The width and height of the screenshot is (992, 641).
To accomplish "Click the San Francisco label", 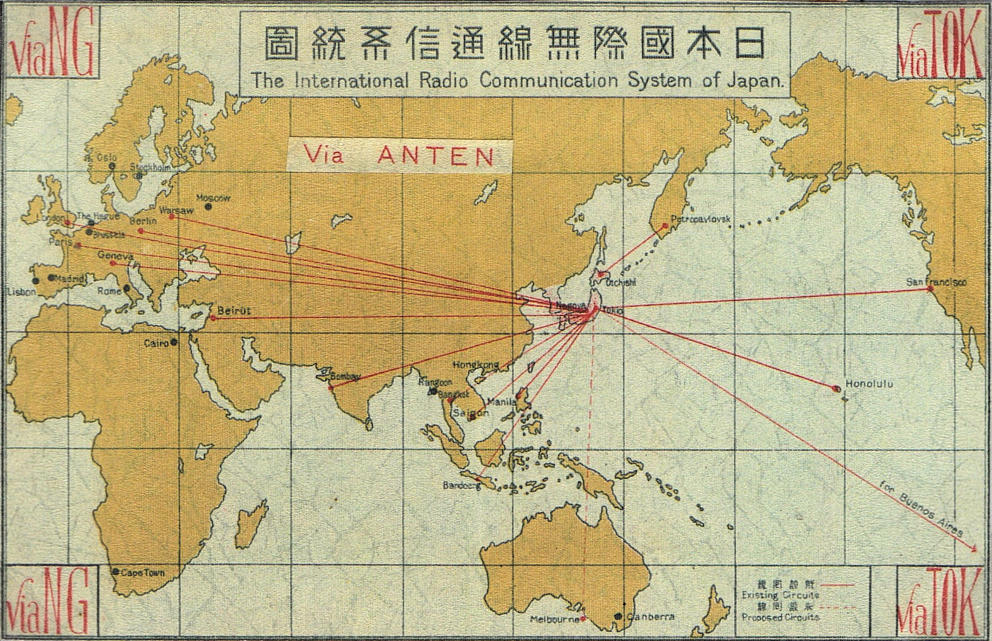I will coord(936,282).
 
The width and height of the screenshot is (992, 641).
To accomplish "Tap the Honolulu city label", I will coord(869,384).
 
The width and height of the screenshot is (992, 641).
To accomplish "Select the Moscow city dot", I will coord(208,207).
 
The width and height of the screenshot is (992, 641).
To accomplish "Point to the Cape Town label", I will coord(142,573).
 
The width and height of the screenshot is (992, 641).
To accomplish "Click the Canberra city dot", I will coord(618,617).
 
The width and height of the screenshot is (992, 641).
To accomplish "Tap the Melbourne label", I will coord(555,619).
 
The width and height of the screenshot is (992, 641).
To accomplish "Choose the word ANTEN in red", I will coord(436,156).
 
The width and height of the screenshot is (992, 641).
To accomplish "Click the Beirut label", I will coord(234,311).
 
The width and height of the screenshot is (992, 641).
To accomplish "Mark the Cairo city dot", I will coord(173,342).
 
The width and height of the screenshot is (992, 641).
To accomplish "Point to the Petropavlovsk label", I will coord(700,220).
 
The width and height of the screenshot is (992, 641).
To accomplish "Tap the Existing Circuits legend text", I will coord(780,595).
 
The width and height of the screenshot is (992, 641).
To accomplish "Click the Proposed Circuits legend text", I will coord(780,617).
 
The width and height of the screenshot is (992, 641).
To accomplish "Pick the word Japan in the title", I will coord(760,81).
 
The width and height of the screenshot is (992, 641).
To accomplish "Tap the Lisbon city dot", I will coord(36,281).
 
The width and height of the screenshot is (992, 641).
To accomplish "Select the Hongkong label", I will coord(475,365).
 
